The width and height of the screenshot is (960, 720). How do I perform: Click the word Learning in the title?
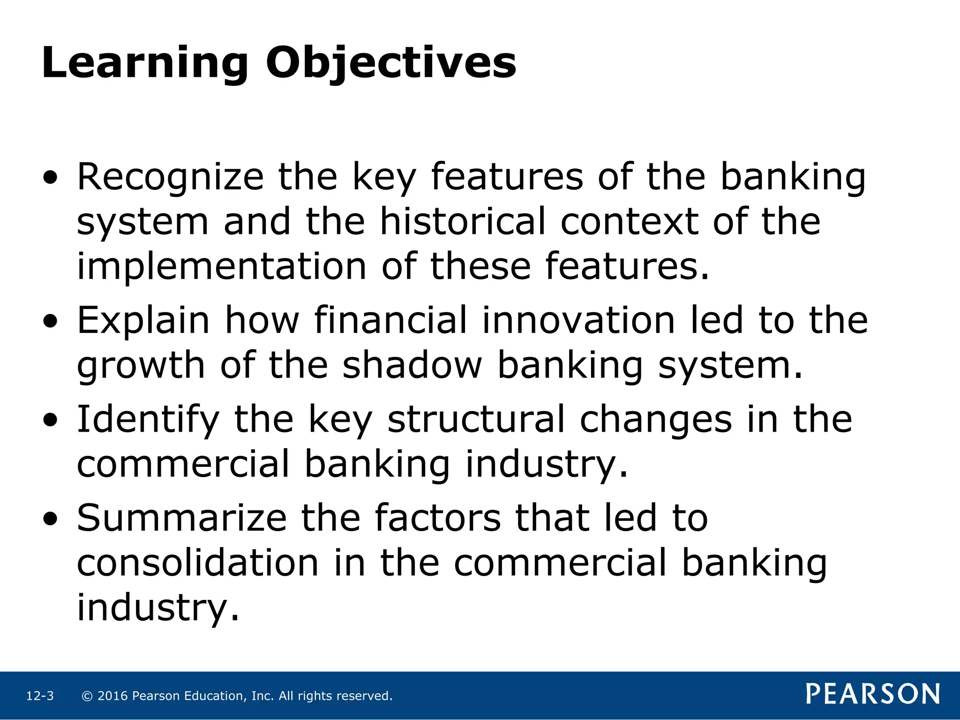pyautogui.click(x=144, y=63)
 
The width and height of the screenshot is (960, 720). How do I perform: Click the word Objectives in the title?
pyautogui.click(x=391, y=63)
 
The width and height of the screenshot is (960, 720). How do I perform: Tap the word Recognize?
pyautogui.click(x=171, y=177)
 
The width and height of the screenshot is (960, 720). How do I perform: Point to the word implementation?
pyautogui.click(x=221, y=266)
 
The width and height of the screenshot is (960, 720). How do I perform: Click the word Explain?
pyautogui.click(x=143, y=321)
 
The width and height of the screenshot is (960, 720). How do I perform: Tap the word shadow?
pyautogui.click(x=412, y=366)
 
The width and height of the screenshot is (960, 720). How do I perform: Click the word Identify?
pyautogui.click(x=148, y=420)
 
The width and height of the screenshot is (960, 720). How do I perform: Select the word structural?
pyautogui.click(x=476, y=420)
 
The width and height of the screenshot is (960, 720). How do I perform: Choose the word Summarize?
pyautogui.click(x=181, y=518)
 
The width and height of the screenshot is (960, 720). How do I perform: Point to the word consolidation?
pyautogui.click(x=198, y=563)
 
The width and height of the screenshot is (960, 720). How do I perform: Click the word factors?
pyautogui.click(x=438, y=518)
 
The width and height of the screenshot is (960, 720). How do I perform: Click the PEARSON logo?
pyautogui.click(x=872, y=694)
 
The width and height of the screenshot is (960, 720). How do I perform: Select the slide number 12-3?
pyautogui.click(x=40, y=696)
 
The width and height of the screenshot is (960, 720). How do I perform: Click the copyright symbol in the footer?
pyautogui.click(x=87, y=696)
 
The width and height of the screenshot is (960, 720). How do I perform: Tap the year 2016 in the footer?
pyautogui.click(x=112, y=696)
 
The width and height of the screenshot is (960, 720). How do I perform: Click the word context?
pyautogui.click(x=629, y=221)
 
